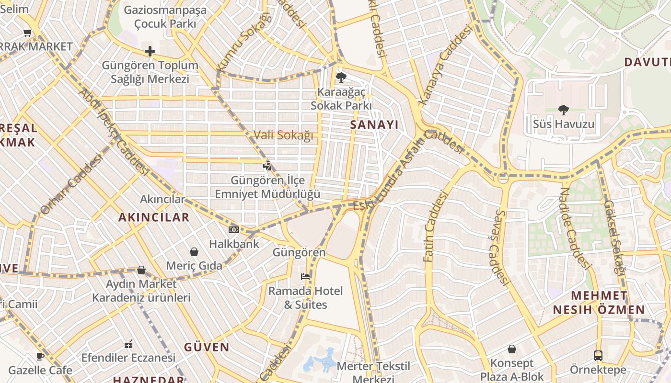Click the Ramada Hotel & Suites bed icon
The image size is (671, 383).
click(305, 276)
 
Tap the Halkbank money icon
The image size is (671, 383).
click(234, 230)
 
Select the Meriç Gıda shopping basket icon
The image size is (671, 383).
click(194, 252)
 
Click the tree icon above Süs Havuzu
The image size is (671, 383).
click(564, 110)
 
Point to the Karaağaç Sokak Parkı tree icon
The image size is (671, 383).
click(341, 77)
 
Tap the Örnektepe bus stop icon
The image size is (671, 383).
click(598, 356)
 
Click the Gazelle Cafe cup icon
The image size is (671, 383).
click(40, 357)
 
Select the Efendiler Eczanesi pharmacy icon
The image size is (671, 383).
click(128, 344)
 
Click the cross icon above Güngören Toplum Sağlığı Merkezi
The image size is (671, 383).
click(150, 51)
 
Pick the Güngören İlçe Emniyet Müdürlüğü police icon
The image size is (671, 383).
click(267, 166)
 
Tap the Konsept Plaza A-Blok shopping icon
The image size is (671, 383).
click(512, 349)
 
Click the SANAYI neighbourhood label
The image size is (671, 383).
click(374, 125)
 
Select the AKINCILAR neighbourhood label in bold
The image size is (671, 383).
click(154, 217)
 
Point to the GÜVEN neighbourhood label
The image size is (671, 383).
click(207, 347)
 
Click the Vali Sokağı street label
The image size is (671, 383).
click(283, 135)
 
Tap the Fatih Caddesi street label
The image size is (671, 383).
click(435, 226)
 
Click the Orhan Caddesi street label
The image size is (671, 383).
click(71, 184)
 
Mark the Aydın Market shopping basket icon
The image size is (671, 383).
click(141, 270)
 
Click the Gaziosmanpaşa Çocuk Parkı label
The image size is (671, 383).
click(165, 17)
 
